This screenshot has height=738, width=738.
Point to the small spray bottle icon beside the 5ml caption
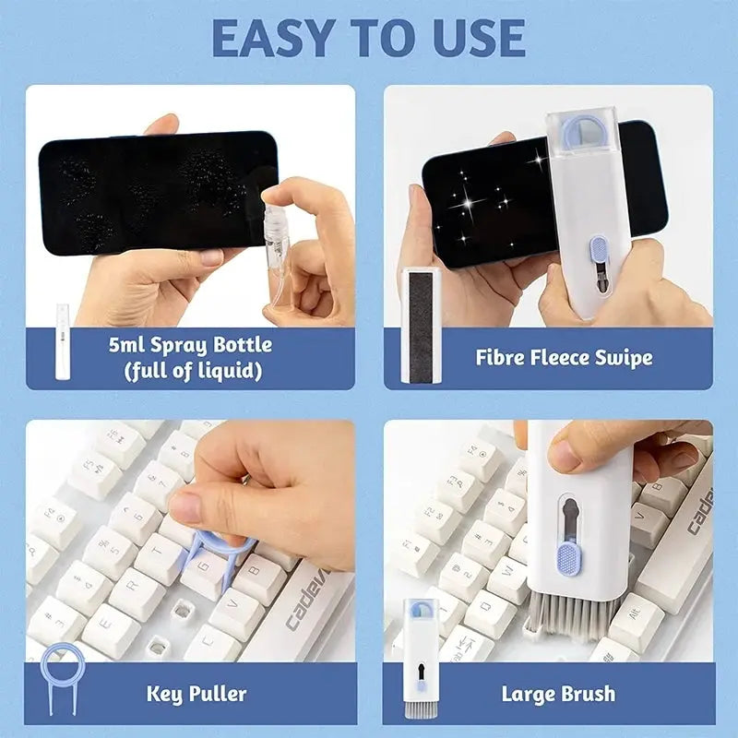tap(63, 339)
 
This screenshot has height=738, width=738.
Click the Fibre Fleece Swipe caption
tap(564, 357)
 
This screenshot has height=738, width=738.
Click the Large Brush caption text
tap(558, 692)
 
